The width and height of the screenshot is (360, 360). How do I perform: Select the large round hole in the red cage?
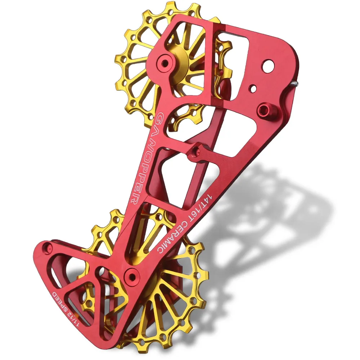pyautogui.click(x=267, y=66)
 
